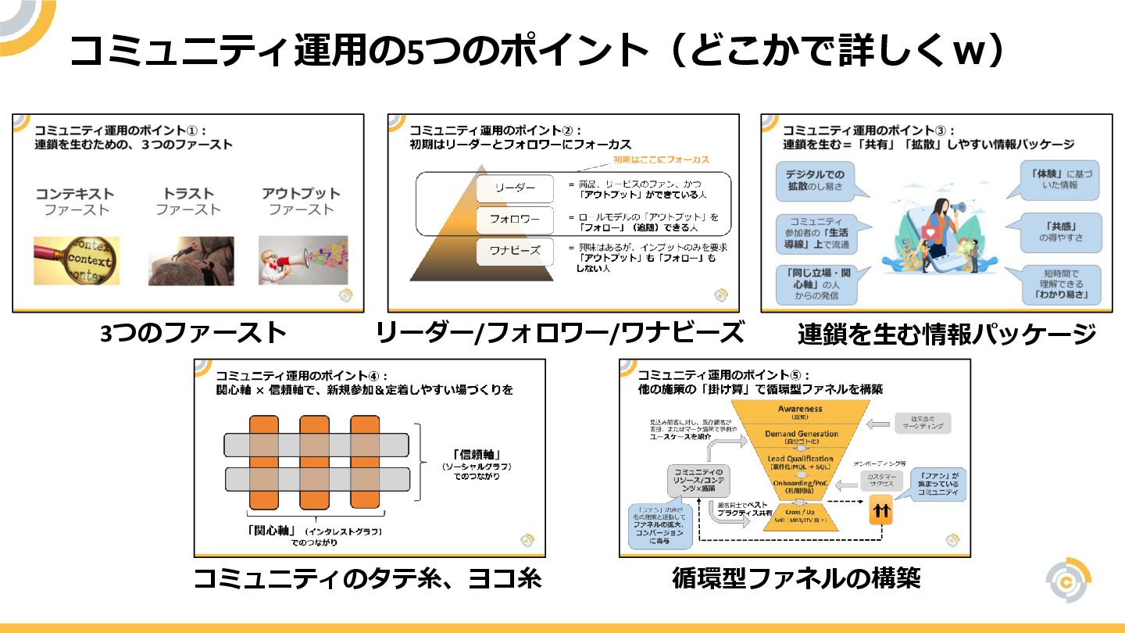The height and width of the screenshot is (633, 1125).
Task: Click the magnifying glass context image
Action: pyautogui.click(x=77, y=260)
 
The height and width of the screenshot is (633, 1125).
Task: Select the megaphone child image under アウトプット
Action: pyautogui.click(x=303, y=260)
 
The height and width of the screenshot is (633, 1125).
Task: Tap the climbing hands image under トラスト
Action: pyautogui.click(x=191, y=260)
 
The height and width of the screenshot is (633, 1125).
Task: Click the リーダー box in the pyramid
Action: pyautogui.click(x=515, y=188)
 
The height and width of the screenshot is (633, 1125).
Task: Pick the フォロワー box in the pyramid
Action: pyautogui.click(x=515, y=220)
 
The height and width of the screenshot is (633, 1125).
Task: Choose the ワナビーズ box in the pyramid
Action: pyautogui.click(x=515, y=252)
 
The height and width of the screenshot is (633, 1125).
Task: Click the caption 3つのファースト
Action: pyautogui.click(x=194, y=334)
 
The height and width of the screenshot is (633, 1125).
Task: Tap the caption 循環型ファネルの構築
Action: pyautogui.click(x=796, y=578)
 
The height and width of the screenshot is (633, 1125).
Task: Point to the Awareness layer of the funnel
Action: pyautogui.click(x=800, y=412)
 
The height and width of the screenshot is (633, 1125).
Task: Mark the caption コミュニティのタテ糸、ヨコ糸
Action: pyautogui.click(x=367, y=579)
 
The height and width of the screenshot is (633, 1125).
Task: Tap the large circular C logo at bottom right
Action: pyautogui.click(x=1068, y=581)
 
